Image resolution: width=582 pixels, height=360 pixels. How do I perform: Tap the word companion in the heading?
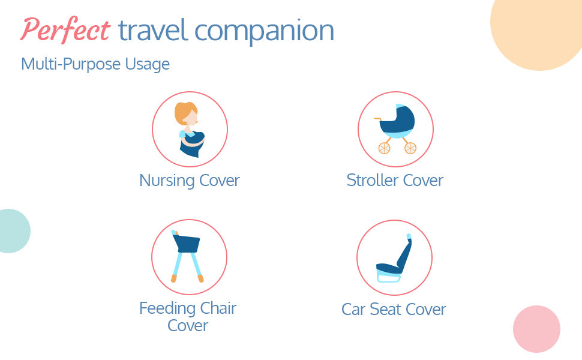(264, 32)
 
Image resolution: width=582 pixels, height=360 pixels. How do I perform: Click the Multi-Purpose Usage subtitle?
(95, 64)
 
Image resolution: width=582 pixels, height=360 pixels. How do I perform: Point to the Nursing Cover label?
(189, 181)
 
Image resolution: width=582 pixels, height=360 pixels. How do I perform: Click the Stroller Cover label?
(395, 181)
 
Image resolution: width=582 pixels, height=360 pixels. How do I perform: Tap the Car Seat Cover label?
(394, 309)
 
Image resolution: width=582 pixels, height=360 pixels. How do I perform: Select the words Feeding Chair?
(188, 308)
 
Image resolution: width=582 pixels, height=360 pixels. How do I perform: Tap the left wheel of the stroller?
(384, 148)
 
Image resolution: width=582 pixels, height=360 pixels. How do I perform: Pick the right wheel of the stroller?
(410, 148)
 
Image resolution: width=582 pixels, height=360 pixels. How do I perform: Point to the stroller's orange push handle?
(378, 119)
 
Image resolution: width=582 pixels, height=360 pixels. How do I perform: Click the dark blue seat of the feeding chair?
(187, 244)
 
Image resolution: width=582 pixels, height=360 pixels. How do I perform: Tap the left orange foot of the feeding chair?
(174, 278)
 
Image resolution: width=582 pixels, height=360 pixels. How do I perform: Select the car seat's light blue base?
(389, 277)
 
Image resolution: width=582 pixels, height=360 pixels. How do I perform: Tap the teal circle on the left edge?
(14, 231)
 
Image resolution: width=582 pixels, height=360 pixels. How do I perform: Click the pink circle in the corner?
(536, 329)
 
